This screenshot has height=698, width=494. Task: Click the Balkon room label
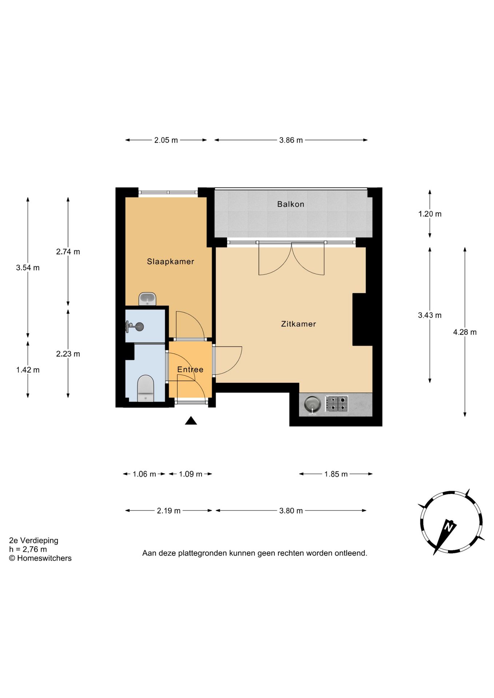point(290,204)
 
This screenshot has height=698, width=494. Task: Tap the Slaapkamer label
point(170,261)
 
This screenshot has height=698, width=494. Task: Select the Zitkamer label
point(298,324)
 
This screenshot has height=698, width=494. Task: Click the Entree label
point(190,369)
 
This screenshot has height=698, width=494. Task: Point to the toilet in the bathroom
point(146,388)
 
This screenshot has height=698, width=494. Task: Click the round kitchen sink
point(312,405)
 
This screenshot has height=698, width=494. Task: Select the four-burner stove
point(336,404)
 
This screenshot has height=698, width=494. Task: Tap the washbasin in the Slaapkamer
point(147,299)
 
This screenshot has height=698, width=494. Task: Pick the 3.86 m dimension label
point(291,140)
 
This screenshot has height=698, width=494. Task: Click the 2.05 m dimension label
point(166,140)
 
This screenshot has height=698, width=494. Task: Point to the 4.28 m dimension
point(465,332)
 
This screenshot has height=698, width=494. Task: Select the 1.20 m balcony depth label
point(430,214)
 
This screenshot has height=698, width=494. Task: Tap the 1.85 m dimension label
point(336,474)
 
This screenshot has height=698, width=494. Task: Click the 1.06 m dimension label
point(144,474)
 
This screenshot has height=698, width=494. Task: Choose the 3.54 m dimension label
point(28,268)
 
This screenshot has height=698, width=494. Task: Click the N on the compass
point(449,527)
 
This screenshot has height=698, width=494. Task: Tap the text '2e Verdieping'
point(33,541)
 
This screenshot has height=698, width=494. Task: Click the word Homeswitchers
point(44,558)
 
